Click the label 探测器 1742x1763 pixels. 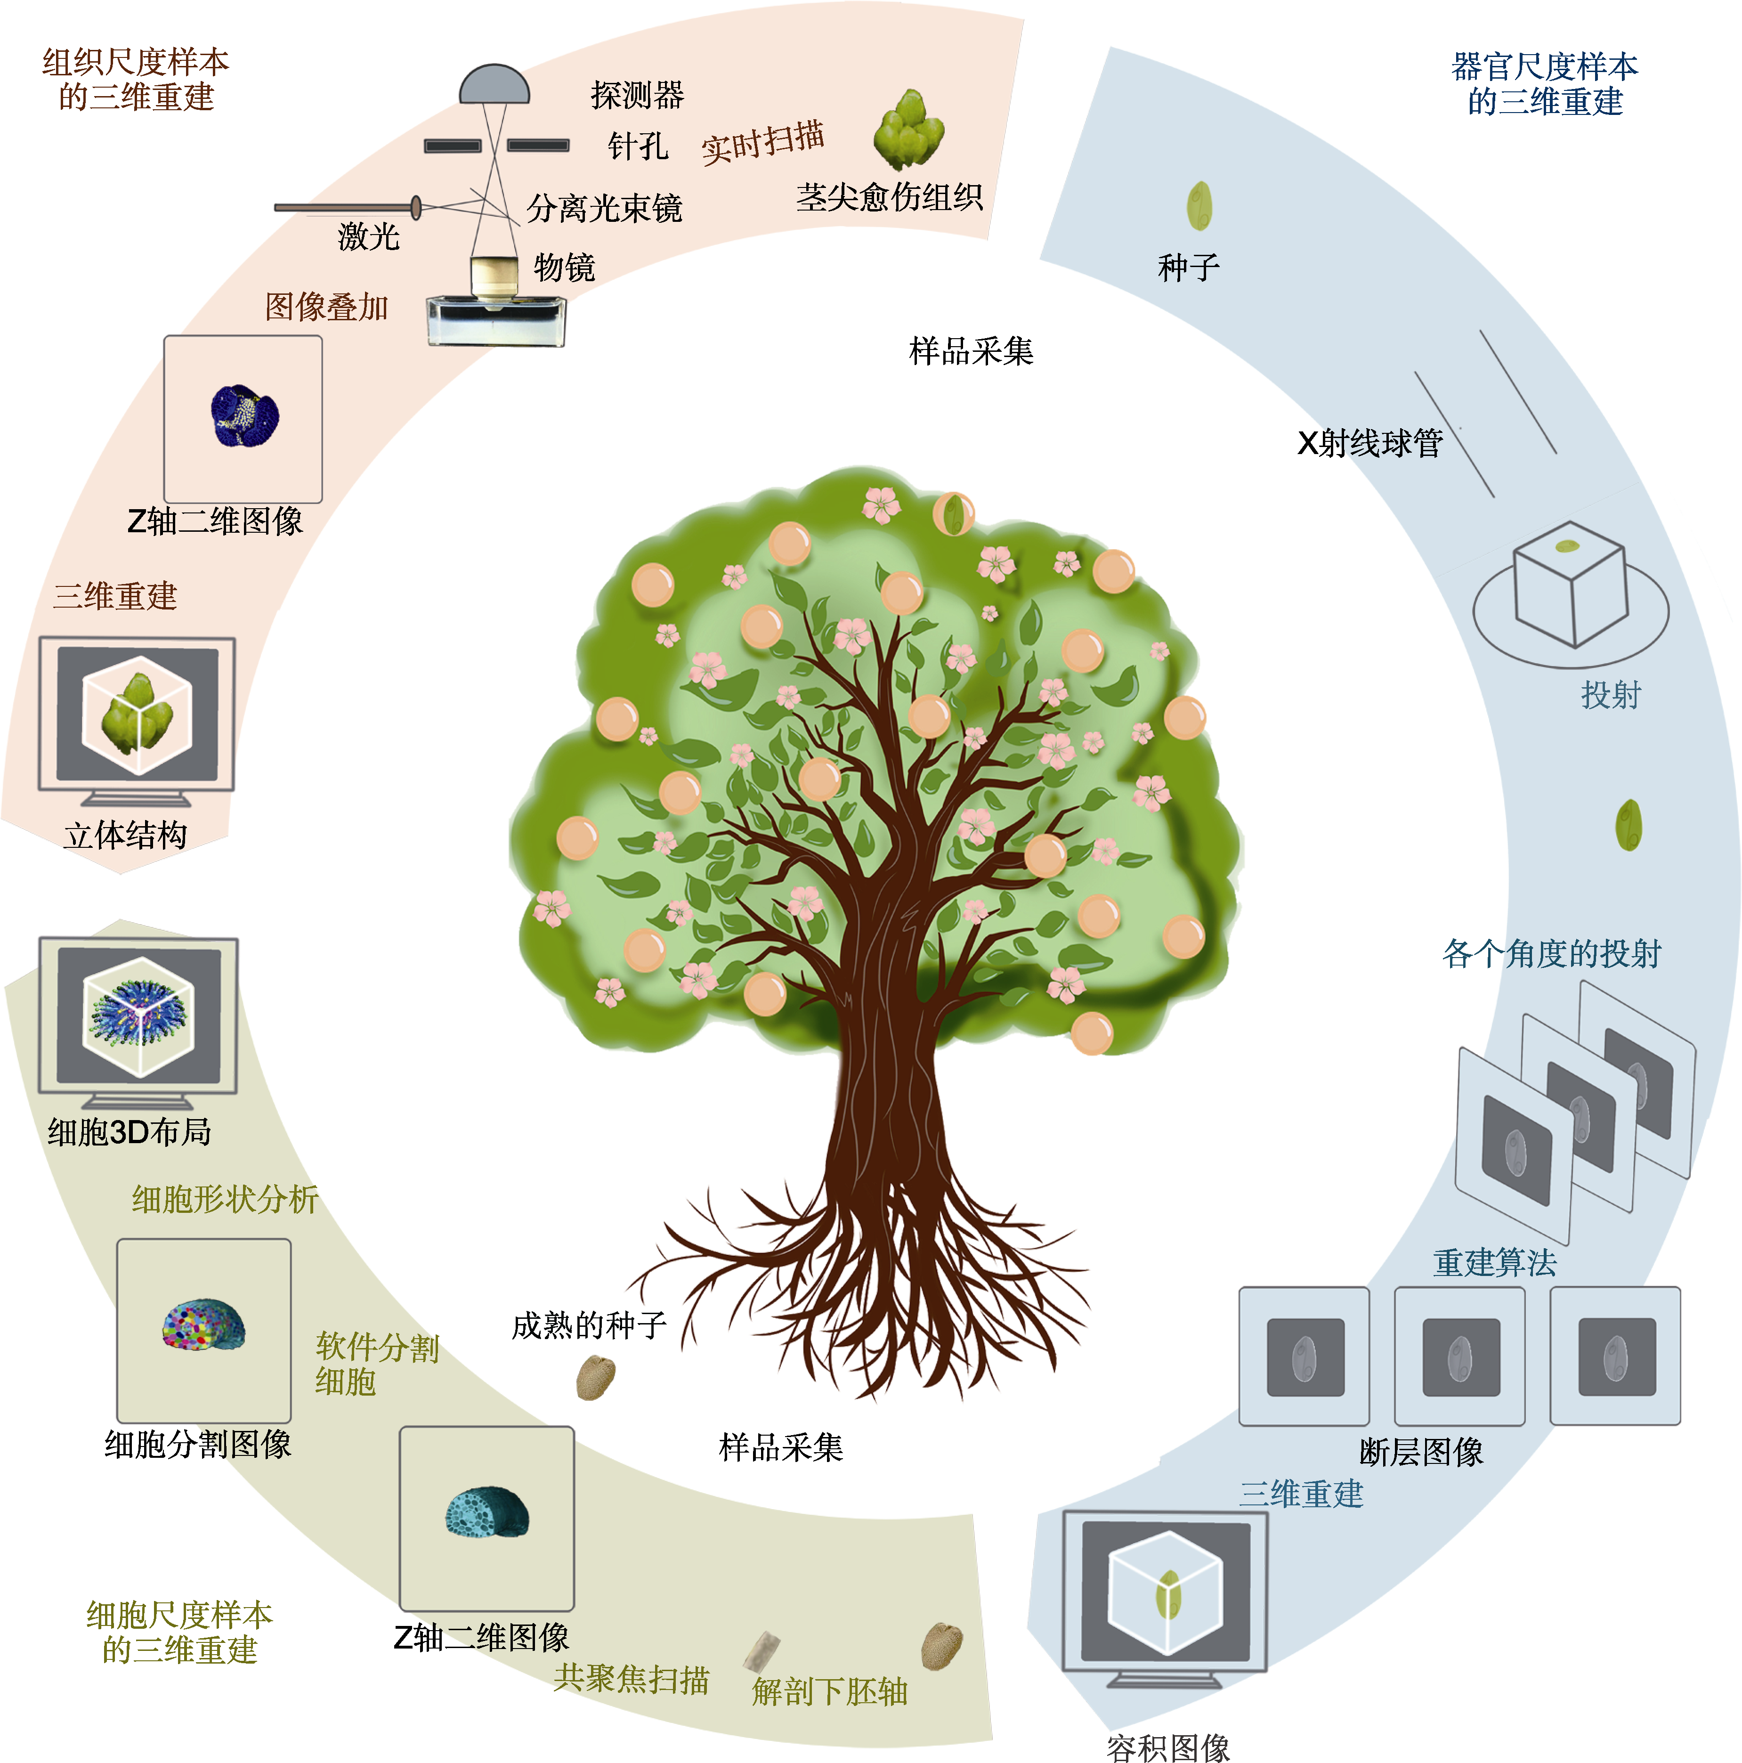[x=637, y=95]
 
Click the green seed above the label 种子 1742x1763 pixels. [x=1199, y=206]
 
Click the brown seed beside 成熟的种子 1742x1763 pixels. [x=596, y=1377]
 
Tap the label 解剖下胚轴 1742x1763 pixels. [x=828, y=1691]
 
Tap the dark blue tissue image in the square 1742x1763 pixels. [x=243, y=416]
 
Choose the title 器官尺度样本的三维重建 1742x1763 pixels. [x=1544, y=84]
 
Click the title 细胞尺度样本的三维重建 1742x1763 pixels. [x=180, y=1632]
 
